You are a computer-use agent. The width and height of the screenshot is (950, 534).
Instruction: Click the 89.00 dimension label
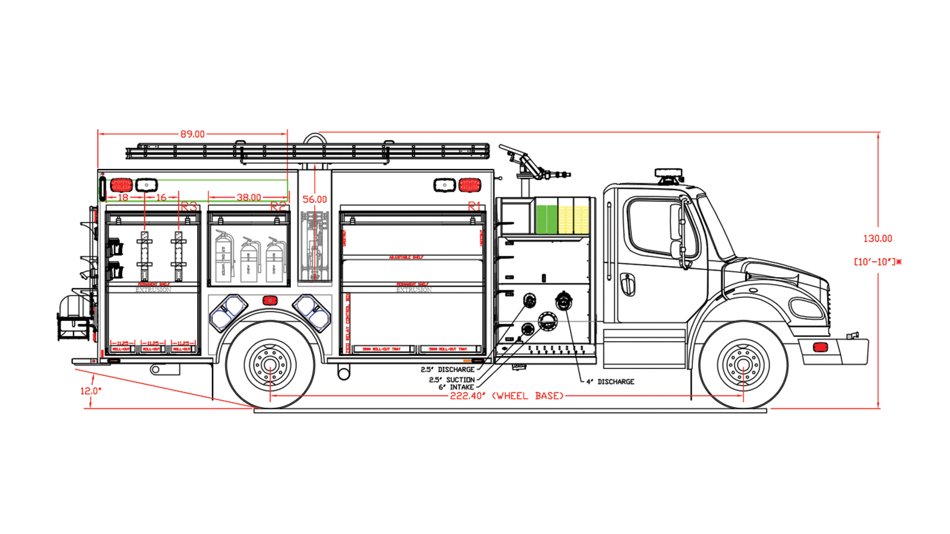click(192, 135)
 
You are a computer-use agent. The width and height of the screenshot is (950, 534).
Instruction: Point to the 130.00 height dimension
click(878, 239)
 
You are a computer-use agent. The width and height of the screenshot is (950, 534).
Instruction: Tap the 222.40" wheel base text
click(506, 396)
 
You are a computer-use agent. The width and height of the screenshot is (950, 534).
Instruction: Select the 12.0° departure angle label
click(91, 391)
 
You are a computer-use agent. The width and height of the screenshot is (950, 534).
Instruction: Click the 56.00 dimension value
click(315, 199)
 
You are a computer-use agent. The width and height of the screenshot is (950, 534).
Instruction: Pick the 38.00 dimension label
click(249, 197)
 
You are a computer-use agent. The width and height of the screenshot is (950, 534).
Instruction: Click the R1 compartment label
click(474, 206)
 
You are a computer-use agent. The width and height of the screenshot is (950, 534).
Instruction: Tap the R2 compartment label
click(278, 206)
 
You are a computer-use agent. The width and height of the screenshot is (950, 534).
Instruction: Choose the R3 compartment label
click(189, 206)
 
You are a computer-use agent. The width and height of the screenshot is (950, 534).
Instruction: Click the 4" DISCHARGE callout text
click(610, 382)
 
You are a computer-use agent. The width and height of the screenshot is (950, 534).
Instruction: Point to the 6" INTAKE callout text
click(456, 387)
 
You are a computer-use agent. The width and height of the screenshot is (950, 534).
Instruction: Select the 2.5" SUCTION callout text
click(452, 380)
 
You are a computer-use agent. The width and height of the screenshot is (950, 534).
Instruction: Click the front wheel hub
click(743, 364)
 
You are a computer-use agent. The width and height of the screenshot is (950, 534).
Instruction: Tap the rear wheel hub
click(270, 364)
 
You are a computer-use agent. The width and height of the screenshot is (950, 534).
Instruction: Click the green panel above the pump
click(547, 219)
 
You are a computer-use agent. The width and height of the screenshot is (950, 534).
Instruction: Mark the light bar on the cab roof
click(669, 173)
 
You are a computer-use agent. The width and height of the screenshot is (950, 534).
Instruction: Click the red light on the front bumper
click(821, 347)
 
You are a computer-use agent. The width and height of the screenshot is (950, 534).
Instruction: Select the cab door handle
click(627, 284)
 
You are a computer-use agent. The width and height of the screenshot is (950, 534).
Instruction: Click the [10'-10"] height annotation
click(878, 262)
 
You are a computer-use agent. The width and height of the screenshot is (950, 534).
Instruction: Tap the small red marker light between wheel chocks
click(270, 301)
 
